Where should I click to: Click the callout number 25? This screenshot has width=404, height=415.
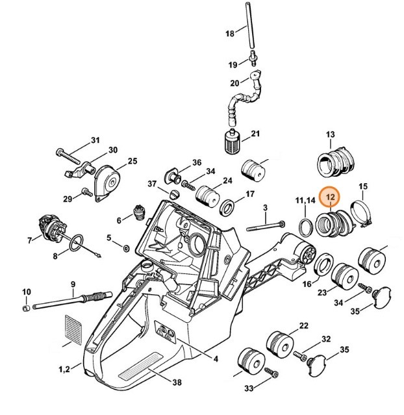click(x=132, y=161)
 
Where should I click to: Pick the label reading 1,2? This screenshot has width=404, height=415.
click(x=64, y=370)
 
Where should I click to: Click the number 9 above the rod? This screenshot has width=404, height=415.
click(x=73, y=284)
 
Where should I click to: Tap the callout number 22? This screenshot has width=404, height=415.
click(x=303, y=325)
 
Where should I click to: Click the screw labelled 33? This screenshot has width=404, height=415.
click(x=273, y=373)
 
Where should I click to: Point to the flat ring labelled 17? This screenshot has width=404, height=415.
click(x=229, y=208)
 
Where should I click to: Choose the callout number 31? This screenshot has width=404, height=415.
click(x=95, y=140)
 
